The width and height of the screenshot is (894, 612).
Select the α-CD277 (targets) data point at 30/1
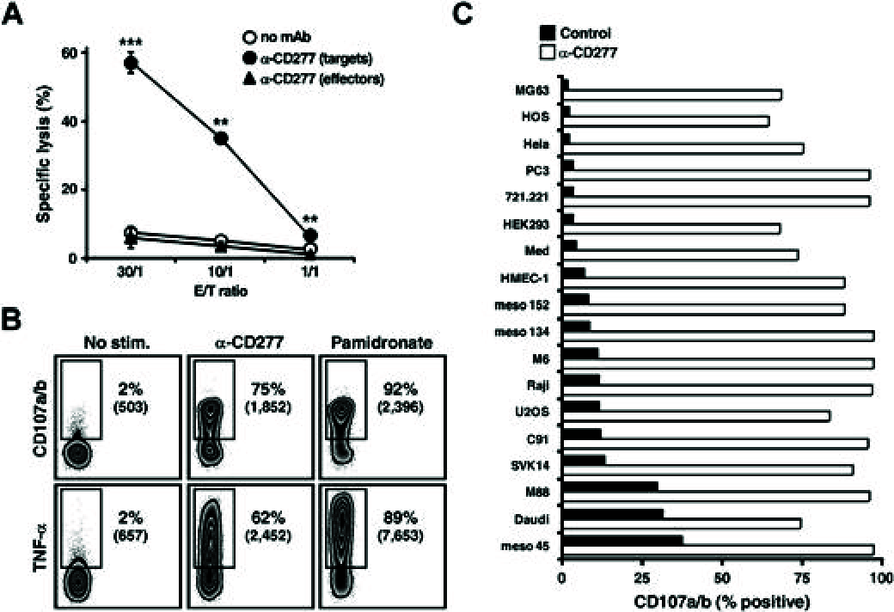(132, 63)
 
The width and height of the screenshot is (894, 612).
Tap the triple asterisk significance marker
(132, 41)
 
